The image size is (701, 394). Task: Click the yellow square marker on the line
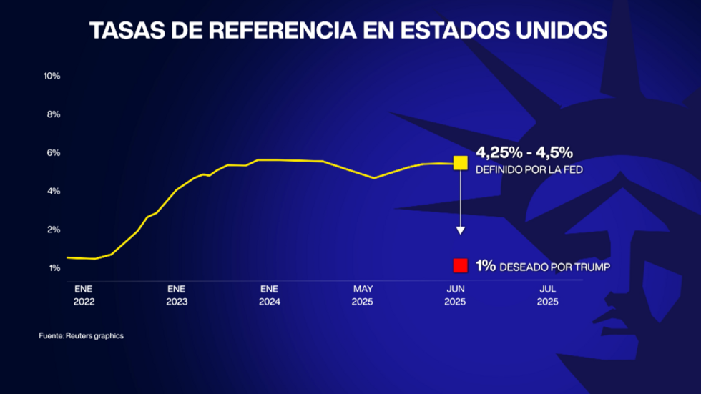461,163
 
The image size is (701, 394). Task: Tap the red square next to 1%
460,266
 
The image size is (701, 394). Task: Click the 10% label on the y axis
52,76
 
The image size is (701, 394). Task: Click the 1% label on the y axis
54,268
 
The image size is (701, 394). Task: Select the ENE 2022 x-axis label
84,295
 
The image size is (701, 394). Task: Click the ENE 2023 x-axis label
177,295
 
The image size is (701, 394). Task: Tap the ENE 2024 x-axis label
269,295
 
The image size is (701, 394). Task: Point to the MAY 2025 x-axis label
363,295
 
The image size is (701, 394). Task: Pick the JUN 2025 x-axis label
455,295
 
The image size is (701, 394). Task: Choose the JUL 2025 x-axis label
547,295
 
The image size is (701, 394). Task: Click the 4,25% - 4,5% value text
524,152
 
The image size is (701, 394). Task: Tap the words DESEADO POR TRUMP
555,267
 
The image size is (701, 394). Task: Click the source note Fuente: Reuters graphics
81,335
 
